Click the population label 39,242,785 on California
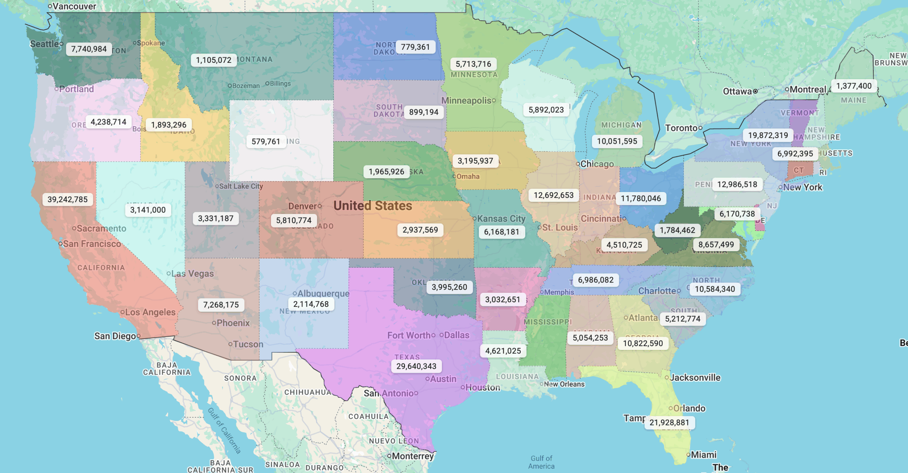click(x=67, y=199)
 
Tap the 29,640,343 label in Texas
click(x=416, y=366)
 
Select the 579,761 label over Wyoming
click(x=266, y=142)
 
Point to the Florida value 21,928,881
click(x=669, y=423)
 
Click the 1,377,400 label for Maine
click(x=853, y=86)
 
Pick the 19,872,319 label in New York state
click(x=768, y=135)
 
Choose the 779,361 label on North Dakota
click(x=415, y=47)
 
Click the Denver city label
click(x=302, y=206)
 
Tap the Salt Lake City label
click(x=241, y=186)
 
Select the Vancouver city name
click(x=74, y=6)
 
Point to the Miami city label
click(x=703, y=455)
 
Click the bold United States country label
click(x=372, y=206)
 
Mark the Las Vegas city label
click(x=192, y=274)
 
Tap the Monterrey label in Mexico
click(x=413, y=456)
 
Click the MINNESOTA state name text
click(x=474, y=75)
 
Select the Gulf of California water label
click(x=224, y=430)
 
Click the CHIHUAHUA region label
click(x=308, y=392)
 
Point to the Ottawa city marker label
click(x=737, y=91)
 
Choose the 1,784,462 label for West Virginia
click(x=677, y=230)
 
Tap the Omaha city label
click(x=467, y=176)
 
